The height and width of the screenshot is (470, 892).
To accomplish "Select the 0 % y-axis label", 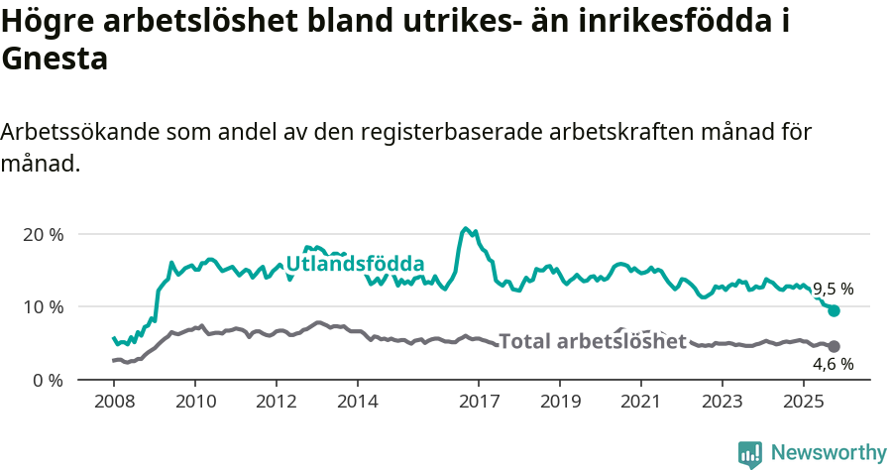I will (48, 380).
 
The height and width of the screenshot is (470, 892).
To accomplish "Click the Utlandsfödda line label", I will (355, 264).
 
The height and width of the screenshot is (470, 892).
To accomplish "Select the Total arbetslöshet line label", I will (593, 342).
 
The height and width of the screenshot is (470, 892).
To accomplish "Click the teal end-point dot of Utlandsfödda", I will (834, 310).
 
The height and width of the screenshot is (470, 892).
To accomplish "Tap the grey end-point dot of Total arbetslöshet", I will (834, 346).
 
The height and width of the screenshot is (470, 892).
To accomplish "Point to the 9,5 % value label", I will (833, 290).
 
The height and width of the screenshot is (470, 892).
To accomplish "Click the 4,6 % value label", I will (833, 365).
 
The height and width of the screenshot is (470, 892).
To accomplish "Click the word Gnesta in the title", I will (55, 59).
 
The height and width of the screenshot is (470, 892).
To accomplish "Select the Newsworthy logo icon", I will (750, 453).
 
